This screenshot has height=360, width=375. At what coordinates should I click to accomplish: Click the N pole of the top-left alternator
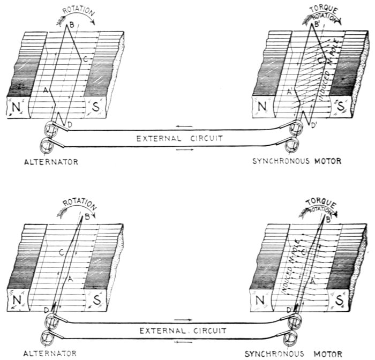tap(16, 108)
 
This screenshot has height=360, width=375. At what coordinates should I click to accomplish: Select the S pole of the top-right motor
tap(340, 106)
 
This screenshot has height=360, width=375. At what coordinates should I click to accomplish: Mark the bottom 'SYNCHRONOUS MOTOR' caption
tap(297, 354)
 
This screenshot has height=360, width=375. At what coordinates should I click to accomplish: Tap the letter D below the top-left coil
tap(70, 124)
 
